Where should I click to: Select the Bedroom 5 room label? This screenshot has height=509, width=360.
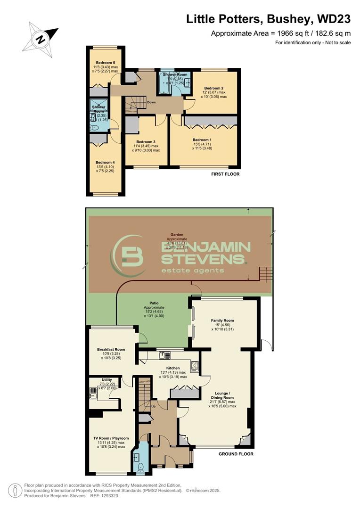(106, 63)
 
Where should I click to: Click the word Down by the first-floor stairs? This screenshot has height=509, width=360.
(151, 102)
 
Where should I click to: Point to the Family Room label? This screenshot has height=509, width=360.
(222, 320)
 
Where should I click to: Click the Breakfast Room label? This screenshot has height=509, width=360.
(111, 350)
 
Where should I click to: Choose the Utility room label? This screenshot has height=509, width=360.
(106, 379)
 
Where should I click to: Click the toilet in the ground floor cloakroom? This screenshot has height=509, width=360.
(140, 467)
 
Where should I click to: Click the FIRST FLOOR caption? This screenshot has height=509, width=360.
(226, 174)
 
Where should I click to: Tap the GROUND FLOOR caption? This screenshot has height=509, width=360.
(236, 454)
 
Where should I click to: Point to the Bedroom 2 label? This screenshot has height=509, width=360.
(214, 88)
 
